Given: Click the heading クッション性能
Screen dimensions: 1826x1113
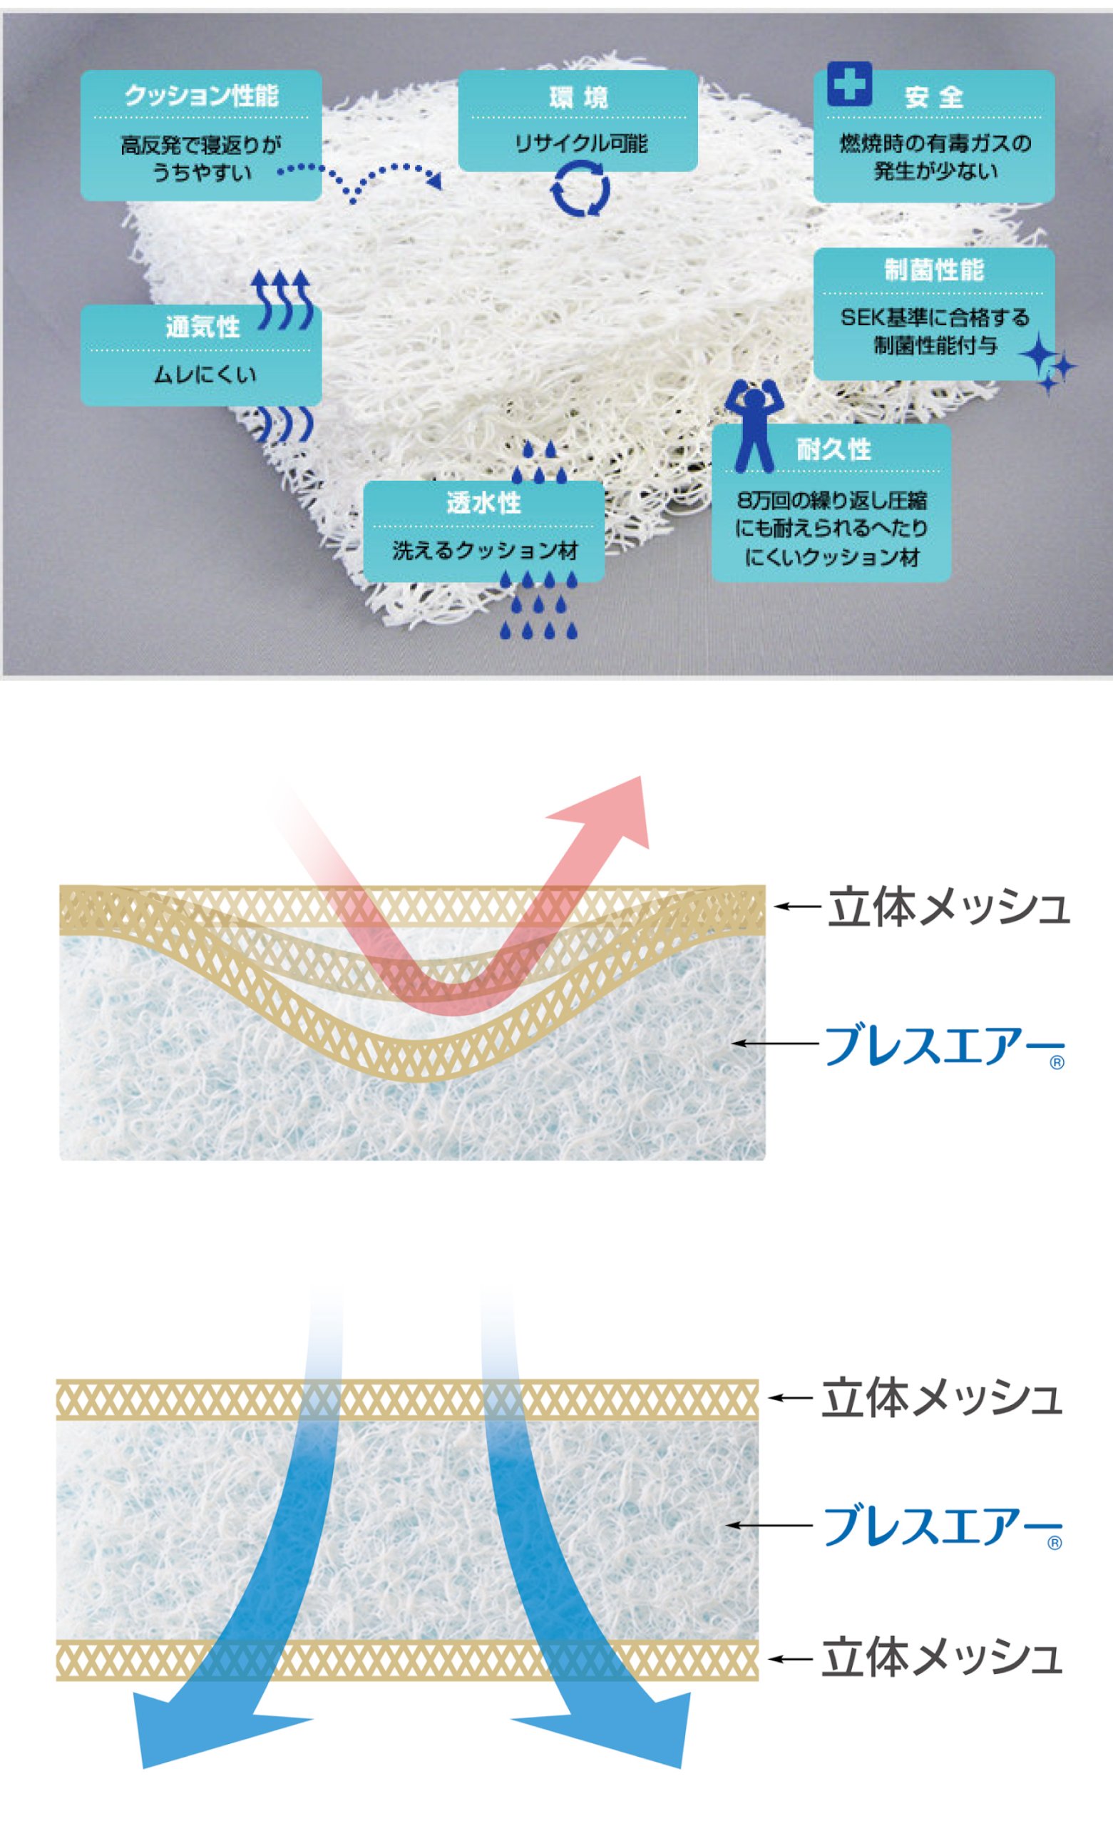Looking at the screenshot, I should point(201,96).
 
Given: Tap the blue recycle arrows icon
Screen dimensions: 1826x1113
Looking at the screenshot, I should point(580,190).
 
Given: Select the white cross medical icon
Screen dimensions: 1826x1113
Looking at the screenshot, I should point(848,83).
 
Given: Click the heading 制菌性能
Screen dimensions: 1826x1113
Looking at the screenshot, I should point(933,270).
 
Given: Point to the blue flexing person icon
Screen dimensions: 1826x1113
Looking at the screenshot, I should point(754,425).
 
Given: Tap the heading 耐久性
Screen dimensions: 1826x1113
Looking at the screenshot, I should point(833,449).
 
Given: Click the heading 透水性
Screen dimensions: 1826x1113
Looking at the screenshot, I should point(483,503).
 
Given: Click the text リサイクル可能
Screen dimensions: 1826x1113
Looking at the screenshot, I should point(580,143).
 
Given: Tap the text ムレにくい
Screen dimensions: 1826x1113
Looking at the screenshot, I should point(205,374).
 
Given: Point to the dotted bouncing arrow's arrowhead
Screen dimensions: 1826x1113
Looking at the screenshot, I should point(434,180).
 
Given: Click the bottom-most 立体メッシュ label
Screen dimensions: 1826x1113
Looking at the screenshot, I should point(941,1658).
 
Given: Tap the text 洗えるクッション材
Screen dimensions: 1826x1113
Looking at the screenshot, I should point(485,551).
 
